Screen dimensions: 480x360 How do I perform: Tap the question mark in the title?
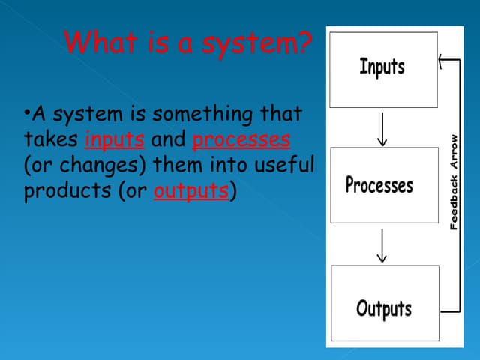302,42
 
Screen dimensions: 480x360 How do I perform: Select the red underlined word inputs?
115,139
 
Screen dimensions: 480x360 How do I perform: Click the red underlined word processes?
241,139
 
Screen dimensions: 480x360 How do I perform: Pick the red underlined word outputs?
191,191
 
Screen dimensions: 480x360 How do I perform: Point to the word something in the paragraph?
202,115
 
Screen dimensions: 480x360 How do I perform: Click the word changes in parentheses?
99,166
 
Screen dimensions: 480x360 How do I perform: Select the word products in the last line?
67,191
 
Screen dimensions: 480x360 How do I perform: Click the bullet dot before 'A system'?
27,112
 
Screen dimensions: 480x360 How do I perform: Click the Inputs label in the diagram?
382,67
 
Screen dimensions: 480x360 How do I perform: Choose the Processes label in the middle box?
379,184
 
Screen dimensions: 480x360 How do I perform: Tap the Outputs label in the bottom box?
384,308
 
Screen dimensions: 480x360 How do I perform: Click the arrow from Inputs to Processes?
382,130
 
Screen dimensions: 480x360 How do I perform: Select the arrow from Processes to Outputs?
382,245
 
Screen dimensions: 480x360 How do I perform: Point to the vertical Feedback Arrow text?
454,182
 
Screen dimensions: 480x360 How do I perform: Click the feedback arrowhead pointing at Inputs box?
441,61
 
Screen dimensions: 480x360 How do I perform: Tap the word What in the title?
100,42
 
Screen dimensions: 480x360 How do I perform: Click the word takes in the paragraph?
51,139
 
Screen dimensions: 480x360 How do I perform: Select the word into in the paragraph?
228,164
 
